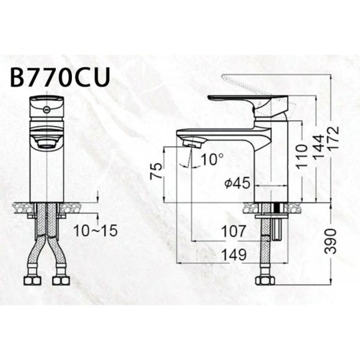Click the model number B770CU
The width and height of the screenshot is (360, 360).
[60, 77]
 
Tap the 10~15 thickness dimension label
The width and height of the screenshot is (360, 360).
[95, 230]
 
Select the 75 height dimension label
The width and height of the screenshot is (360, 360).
[156, 171]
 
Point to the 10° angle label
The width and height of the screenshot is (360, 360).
[212, 159]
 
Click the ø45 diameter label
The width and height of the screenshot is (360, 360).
[237, 183]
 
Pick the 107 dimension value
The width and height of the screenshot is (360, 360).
[233, 231]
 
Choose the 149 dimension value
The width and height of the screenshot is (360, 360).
[233, 254]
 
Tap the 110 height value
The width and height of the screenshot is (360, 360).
[301, 157]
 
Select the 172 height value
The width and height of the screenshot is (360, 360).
[334, 138]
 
